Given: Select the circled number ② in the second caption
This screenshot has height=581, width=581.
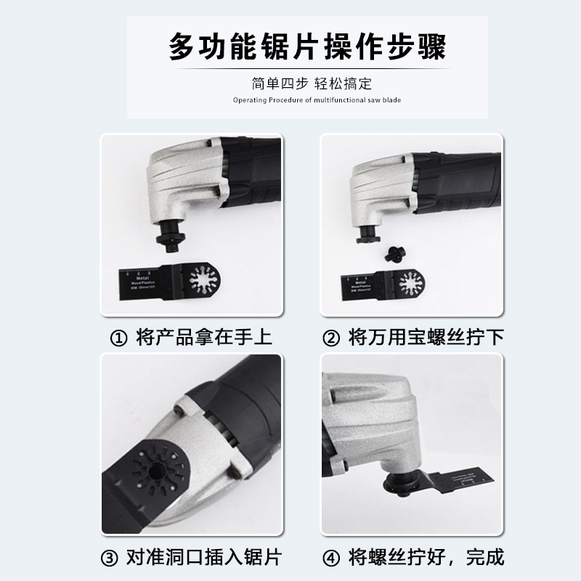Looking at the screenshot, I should coord(331,338).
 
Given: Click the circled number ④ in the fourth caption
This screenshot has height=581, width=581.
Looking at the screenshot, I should coord(331,558).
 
